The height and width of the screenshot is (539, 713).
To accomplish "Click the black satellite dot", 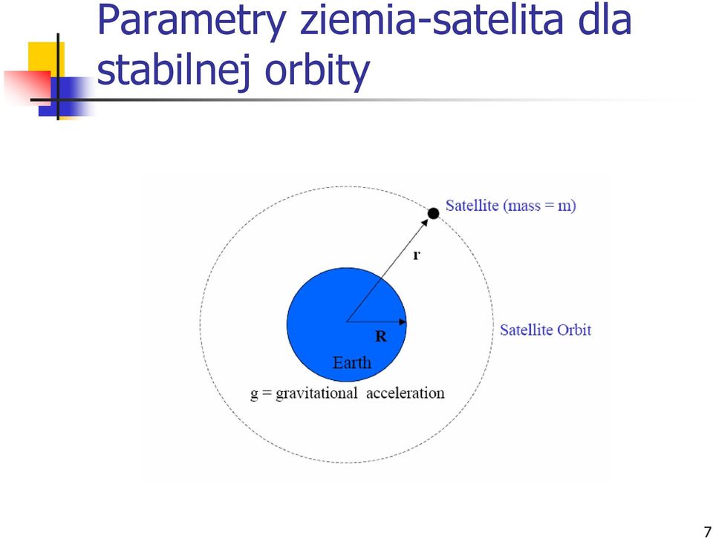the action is click(433, 213).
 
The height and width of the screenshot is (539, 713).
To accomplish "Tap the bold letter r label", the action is click(416, 255).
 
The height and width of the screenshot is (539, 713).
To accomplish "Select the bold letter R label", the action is click(381, 336).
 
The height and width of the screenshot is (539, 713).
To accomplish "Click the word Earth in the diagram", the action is click(352, 362).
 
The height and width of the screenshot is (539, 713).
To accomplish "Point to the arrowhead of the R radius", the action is click(403, 321).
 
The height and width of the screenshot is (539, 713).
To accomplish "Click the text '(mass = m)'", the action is click(540, 206).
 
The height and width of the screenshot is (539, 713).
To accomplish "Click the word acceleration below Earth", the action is click(406, 393).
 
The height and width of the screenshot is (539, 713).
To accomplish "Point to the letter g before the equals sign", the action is click(254, 394).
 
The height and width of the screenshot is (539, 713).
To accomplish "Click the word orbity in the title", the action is click(317, 71).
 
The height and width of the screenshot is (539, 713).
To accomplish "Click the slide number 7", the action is click(707, 532).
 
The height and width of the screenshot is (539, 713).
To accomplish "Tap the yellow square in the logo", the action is click(46, 57).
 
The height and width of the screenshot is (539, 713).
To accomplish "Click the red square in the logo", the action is click(27, 86).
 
